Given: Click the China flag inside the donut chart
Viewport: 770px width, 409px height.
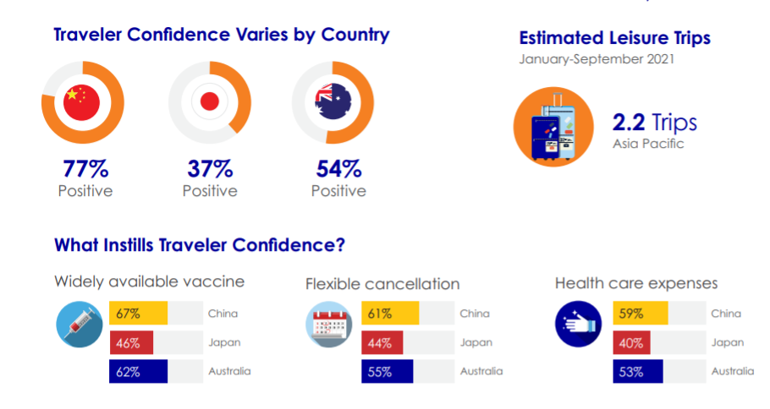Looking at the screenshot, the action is pos(81,102).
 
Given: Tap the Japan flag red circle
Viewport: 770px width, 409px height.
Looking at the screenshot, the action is pos(210,102).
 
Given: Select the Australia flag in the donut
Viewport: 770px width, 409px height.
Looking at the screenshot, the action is pos(333,101).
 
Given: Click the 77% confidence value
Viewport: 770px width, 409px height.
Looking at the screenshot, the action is pos(85,169).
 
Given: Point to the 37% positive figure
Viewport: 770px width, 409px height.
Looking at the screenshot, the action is pos(210,169).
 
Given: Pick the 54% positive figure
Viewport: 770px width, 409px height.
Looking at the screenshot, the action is pos(338,169).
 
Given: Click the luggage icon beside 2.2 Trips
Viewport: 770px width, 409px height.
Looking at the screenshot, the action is pos(553,127).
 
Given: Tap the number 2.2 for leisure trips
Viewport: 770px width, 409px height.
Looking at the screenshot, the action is pos(629,123).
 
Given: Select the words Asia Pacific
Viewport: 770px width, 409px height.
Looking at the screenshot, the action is pos(648,144).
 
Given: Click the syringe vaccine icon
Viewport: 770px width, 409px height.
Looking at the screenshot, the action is pos(80,324).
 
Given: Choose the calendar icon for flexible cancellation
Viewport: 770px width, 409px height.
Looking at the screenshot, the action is pos(329,324).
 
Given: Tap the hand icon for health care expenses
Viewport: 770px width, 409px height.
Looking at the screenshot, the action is pos(579,324).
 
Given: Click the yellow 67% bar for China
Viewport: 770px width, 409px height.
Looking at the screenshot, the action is pos(139,313).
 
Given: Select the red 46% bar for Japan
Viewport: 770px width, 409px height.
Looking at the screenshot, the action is pos(131,342).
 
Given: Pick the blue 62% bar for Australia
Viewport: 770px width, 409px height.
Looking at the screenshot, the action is pos(139,371).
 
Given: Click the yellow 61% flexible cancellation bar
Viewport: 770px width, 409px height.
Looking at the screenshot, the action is pos(390,313).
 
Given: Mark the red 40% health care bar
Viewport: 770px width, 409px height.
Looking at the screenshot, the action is pos(631,342).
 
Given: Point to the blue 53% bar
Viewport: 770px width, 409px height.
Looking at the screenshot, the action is pos(638,371).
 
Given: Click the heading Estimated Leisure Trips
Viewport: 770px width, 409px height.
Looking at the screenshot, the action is pos(615,38).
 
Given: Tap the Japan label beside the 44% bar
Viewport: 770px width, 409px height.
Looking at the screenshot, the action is pos(476,343).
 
